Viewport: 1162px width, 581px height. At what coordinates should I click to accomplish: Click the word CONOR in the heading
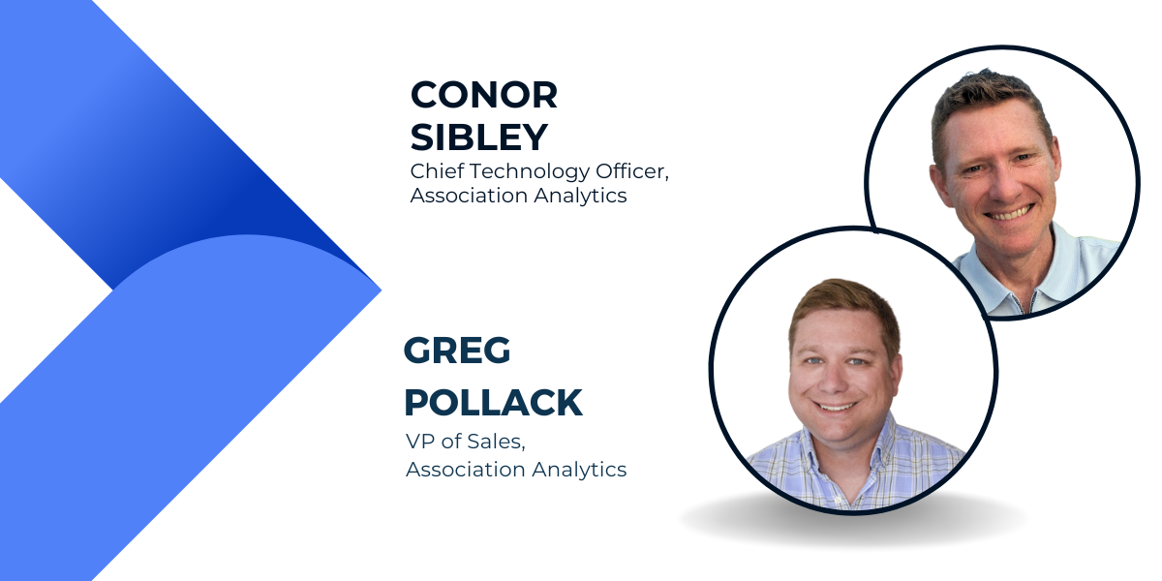[x=483, y=95]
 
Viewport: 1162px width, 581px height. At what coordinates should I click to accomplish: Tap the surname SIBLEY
[x=478, y=137]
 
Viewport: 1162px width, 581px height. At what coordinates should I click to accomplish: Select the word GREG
[x=457, y=351]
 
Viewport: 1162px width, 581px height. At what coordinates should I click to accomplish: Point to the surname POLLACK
[x=493, y=402]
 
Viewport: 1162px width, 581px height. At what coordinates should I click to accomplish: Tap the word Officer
[x=631, y=171]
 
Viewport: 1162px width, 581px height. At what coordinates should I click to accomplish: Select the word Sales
[x=496, y=442]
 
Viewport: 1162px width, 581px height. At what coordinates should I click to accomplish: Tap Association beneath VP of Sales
[x=466, y=470]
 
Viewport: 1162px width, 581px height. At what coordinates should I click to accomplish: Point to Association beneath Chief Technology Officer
[x=469, y=196]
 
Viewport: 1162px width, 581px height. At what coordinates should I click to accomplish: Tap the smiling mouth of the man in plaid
[x=835, y=406]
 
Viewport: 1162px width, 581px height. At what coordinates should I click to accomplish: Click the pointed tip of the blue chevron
[x=381, y=290]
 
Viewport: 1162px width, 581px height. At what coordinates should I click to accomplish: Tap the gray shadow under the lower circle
[x=853, y=525]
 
